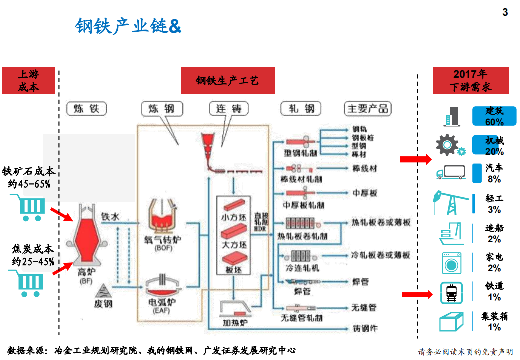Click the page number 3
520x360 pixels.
pos(505,12)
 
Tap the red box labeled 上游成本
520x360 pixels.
pos(28,80)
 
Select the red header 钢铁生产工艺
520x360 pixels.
pos(227,80)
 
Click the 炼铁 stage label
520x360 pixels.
pos(86,108)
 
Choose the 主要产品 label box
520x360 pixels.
pos(367,108)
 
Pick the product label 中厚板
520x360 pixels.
pos(365,193)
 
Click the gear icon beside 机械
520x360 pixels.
pos(449,145)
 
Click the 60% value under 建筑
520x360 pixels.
pos(494,122)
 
